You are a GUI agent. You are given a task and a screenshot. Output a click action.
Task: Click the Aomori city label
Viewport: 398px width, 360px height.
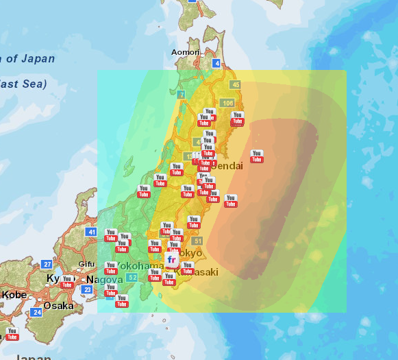coord(185,52)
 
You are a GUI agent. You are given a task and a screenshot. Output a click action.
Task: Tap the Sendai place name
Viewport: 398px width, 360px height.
coord(229,166)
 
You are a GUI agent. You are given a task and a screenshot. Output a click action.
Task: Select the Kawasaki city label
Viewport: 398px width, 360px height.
coord(200,272)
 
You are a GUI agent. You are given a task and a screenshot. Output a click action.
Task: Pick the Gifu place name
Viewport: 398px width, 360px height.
coord(87,264)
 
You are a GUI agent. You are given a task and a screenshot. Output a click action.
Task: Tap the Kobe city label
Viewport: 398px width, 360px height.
coord(14,295)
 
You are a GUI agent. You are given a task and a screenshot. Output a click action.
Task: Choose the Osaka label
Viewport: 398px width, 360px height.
coord(58,306)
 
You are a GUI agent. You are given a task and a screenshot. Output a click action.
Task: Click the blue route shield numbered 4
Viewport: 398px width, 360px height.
coord(216,63)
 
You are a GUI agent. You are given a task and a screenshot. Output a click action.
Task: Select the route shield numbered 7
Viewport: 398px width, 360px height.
coord(181,94)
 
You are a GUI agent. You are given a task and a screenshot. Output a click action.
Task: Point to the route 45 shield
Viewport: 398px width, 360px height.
coord(236,84)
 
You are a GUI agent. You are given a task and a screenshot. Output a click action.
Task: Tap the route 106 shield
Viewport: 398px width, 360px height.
coord(227,103)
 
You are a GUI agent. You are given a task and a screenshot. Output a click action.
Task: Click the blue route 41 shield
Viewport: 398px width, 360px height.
coord(91,232)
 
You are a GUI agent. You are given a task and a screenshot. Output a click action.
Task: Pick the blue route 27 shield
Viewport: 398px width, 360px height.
coord(47,264)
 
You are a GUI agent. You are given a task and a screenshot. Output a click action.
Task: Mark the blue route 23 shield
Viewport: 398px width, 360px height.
coord(87,290)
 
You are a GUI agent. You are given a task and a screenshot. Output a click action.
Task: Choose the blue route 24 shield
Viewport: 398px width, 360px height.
coord(36,312)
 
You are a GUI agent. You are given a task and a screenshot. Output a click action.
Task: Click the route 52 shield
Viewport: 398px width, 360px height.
coord(132,277)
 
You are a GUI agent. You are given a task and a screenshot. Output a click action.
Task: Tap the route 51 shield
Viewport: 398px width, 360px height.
coord(198,241)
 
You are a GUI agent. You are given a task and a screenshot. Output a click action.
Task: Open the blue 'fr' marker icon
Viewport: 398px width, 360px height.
coord(172,261)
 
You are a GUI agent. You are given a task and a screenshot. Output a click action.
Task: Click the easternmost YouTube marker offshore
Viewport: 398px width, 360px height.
coord(257,156)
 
